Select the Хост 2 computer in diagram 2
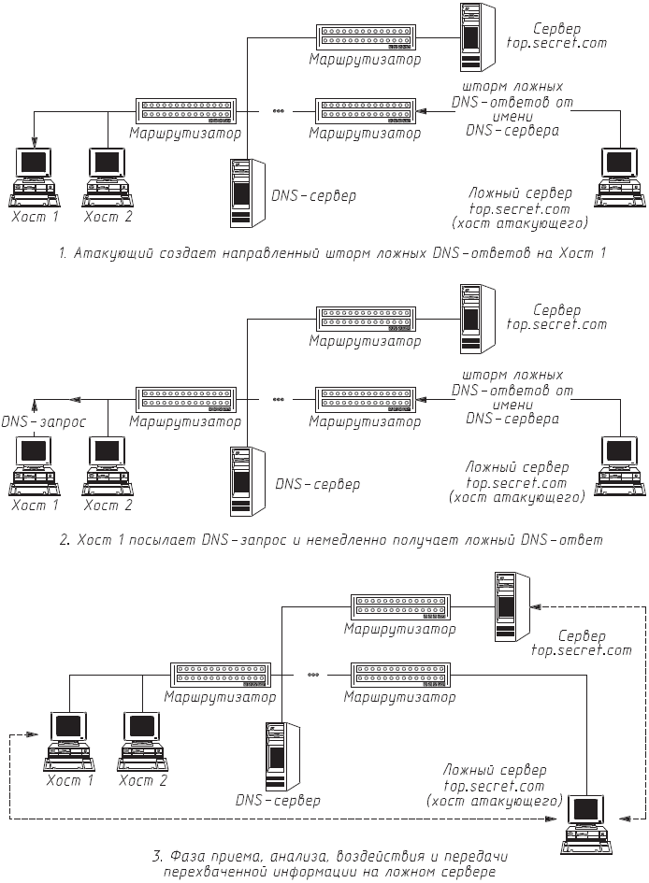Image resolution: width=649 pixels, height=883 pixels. pyautogui.click(x=108, y=462)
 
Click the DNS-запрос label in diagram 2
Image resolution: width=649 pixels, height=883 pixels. pyautogui.click(x=44, y=422)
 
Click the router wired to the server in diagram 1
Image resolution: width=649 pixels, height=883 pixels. pyautogui.click(x=366, y=37)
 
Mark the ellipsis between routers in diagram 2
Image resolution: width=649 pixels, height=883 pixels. pyautogui.click(x=278, y=399)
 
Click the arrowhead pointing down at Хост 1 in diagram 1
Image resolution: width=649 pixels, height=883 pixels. pyautogui.click(x=35, y=142)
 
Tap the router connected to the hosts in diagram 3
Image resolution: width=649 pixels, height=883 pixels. pyautogui.click(x=222, y=675)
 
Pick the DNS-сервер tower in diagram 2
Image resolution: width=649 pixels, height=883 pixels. pyautogui.click(x=246, y=481)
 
